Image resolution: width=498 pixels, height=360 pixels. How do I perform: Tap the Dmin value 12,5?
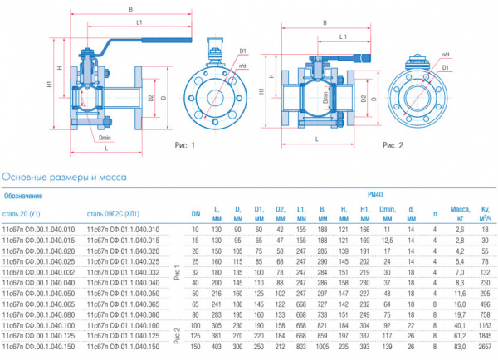[386, 239]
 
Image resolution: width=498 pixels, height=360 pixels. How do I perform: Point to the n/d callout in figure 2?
[446, 55]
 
